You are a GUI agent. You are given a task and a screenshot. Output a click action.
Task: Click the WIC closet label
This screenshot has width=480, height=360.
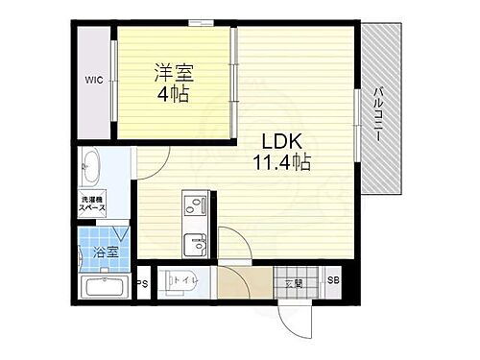(x=93, y=79)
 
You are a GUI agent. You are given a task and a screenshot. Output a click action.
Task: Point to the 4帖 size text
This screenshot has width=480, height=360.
(x=175, y=95)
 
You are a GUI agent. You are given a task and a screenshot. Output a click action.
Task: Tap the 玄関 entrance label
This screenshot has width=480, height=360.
(x=293, y=282)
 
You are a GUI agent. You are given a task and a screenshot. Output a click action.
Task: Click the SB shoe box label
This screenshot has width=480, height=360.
(x=333, y=280)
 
